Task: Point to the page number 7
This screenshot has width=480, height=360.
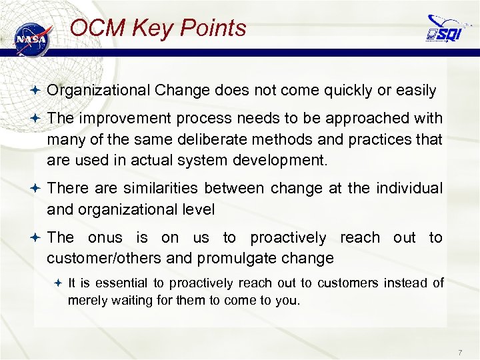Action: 460,351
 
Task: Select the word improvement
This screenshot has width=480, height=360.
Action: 115,118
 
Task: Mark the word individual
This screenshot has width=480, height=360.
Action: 408,189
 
